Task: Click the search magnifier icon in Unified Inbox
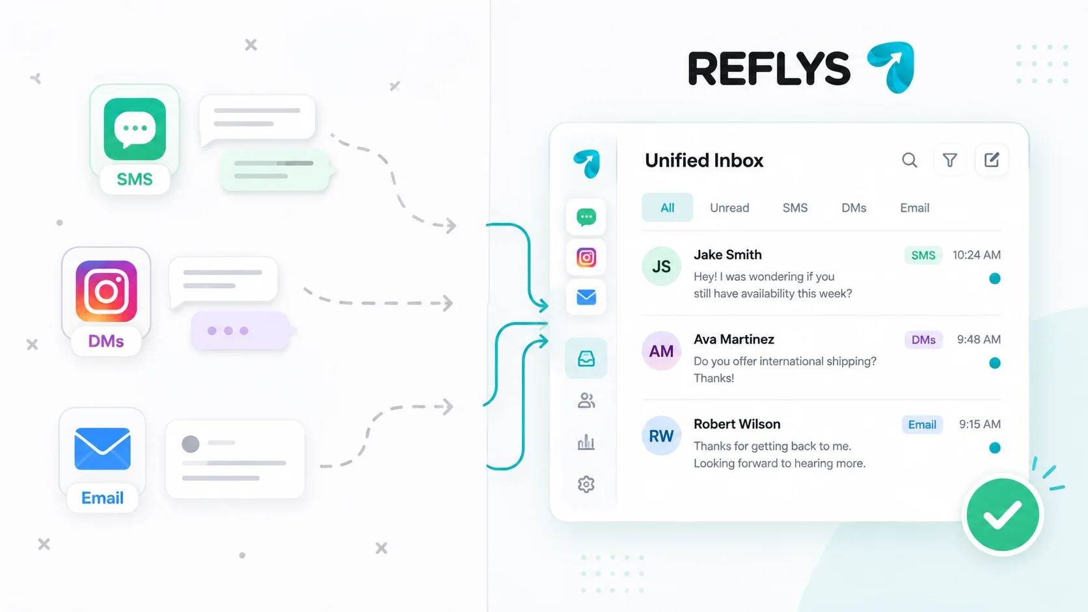click(x=909, y=160)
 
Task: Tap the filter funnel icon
click(x=949, y=160)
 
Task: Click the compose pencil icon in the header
click(x=991, y=160)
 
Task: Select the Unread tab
click(x=729, y=207)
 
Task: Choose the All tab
click(x=668, y=207)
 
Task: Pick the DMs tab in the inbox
click(x=854, y=207)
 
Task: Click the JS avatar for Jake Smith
click(x=661, y=266)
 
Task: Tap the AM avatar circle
click(x=661, y=351)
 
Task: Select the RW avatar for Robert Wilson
click(x=661, y=435)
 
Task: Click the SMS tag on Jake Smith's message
click(x=923, y=256)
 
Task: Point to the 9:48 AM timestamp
click(x=979, y=339)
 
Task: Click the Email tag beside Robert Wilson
click(x=922, y=425)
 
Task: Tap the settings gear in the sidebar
click(x=586, y=484)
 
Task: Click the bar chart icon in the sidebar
click(x=586, y=442)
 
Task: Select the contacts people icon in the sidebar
click(x=586, y=401)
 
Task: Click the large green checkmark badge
click(x=1003, y=514)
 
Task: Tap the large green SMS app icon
click(x=135, y=129)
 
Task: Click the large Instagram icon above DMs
click(x=106, y=291)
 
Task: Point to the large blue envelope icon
click(x=102, y=449)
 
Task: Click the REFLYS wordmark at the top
click(x=769, y=69)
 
